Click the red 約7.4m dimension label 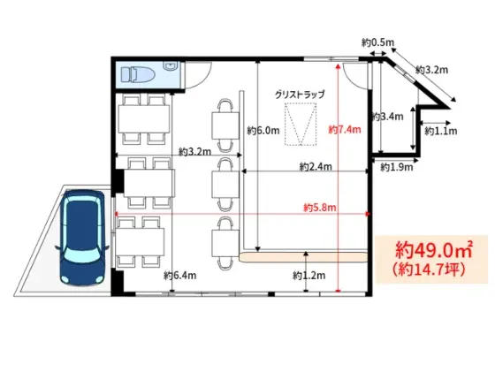tap(345, 129)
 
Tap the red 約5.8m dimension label tap(320, 208)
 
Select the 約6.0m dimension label tap(263, 130)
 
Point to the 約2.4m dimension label tap(316, 166)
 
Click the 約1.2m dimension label tap(309, 276)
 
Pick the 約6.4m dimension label tap(180, 276)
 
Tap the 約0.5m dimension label tap(378, 42)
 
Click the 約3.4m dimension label tap(388, 117)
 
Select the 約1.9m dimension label tap(397, 167)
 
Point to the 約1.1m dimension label tap(441, 131)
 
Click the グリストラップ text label tap(300, 95)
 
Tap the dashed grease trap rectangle tap(301, 124)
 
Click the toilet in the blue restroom tap(138, 75)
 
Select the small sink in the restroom tap(171, 66)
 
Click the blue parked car tap(83, 238)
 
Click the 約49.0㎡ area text tap(434, 250)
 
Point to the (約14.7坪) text tap(429, 270)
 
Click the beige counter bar tap(303, 257)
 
